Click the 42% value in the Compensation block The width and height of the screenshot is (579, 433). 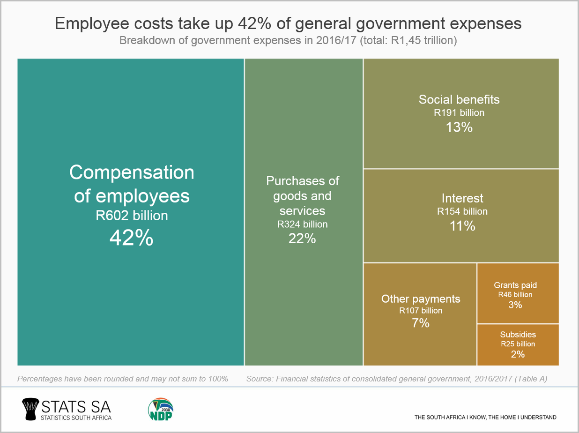[x=132, y=238]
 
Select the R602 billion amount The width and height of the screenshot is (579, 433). [x=132, y=216]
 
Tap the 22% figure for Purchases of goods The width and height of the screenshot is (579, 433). [x=302, y=239]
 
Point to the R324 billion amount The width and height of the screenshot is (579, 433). [x=302, y=224]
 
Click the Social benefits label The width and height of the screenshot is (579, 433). [x=459, y=99]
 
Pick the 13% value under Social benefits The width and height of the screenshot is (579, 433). [x=459, y=127]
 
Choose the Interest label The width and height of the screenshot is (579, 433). [x=462, y=198]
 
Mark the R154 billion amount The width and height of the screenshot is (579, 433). [x=462, y=211]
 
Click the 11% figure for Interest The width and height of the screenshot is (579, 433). [x=462, y=226]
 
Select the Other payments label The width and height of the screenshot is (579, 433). [x=421, y=299]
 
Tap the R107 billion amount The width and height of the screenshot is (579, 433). [x=421, y=310]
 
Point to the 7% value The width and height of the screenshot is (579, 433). [x=421, y=323]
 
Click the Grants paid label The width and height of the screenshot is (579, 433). [x=515, y=285]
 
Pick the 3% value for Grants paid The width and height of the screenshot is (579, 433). [x=515, y=305]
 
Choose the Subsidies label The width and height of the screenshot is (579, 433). [x=518, y=335]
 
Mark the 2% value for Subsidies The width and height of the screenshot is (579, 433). [x=518, y=354]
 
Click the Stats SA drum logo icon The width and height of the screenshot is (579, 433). [x=31, y=409]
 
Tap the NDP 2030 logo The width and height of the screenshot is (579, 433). [x=161, y=409]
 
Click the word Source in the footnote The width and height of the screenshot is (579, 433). [x=260, y=379]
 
